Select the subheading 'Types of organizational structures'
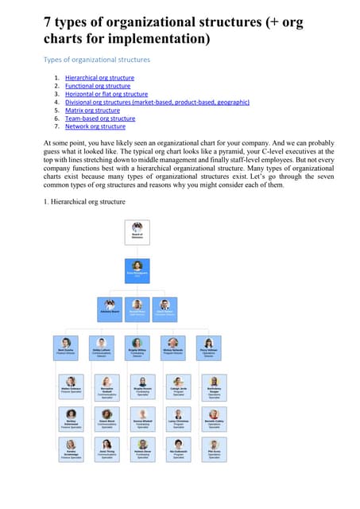96,60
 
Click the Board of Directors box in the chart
137,231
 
